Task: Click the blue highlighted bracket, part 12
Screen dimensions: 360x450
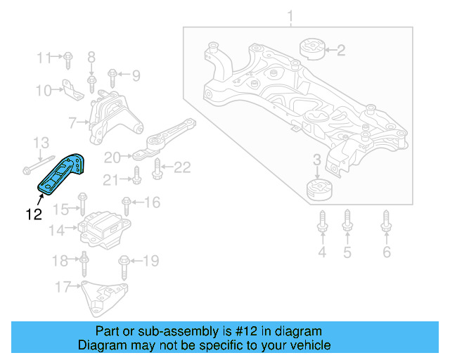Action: [x=61, y=174]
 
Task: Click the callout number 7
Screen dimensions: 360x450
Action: [x=72, y=123]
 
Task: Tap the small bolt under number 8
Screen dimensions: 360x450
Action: [x=91, y=84]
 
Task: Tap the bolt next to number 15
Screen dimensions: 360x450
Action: [x=82, y=208]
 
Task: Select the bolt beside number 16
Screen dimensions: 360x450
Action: [x=126, y=205]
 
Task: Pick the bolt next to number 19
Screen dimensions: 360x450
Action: [x=124, y=264]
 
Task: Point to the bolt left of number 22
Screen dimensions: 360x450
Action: [x=157, y=167]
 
